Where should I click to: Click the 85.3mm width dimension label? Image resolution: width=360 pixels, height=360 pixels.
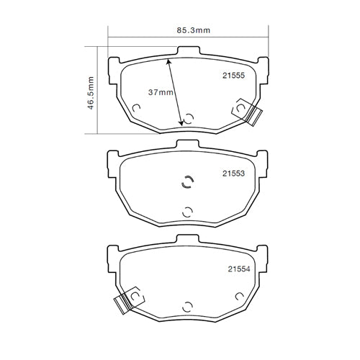pos(188,31)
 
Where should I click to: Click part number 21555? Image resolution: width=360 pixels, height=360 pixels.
pos(233,74)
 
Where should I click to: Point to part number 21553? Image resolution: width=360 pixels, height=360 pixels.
pos(233,174)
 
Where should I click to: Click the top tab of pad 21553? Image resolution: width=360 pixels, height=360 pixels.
pos(188,147)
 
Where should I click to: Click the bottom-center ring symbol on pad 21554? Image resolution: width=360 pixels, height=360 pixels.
pos(188,306)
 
